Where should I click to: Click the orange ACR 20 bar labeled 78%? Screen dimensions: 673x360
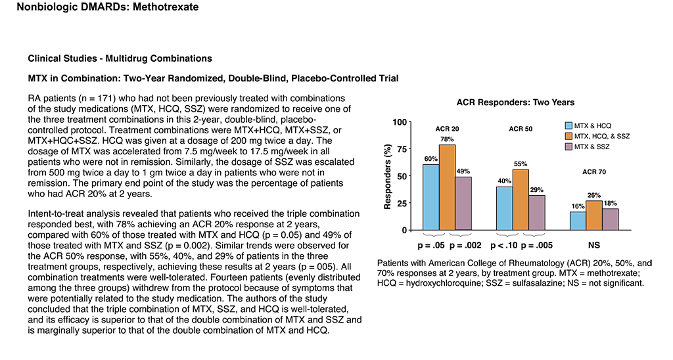pos(447,187)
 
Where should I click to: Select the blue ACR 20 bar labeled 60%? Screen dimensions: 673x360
pos(431,197)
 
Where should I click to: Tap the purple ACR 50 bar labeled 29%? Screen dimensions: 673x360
pos(537,213)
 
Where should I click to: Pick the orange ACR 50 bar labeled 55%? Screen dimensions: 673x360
pos(521,200)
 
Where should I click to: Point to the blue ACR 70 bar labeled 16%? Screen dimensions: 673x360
pos(578,221)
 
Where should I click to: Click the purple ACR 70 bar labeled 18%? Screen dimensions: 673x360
pos(611,219)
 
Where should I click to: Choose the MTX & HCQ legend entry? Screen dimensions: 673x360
pos(588,125)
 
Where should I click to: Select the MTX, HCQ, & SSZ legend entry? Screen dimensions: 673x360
pos(597,136)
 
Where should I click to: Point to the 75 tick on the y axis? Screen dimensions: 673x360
pos(402,149)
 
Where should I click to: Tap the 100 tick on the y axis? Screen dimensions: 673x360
pos(400,122)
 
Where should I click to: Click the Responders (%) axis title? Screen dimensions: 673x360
pos(388,176)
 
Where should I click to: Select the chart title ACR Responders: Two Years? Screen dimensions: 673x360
pos(515,102)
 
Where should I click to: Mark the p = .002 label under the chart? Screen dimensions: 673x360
pos(465,246)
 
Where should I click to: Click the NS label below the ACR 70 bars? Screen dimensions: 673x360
pos(594,246)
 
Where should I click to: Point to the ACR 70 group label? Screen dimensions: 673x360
pos(594,171)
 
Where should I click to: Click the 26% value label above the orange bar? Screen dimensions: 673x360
pos(594,195)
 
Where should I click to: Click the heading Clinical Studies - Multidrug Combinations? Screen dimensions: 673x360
pos(120,58)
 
